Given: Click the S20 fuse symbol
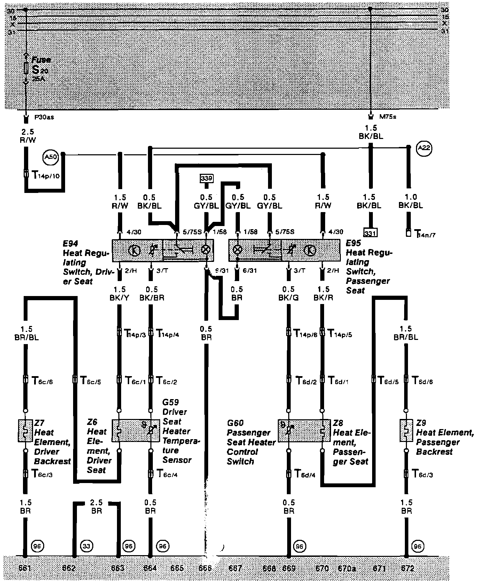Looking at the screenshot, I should [25, 68].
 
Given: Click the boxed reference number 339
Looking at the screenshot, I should [206, 179].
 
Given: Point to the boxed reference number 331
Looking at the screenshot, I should [370, 232].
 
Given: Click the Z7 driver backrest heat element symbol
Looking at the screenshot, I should [25, 431].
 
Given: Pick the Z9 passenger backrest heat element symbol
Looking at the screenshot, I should [406, 431].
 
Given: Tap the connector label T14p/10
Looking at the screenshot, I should [46, 175].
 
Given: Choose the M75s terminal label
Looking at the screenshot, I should [387, 117].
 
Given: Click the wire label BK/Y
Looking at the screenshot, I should [119, 298].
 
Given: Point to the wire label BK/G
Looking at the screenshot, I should [288, 298].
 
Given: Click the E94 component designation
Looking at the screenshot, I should [70, 244].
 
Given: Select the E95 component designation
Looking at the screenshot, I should [353, 243].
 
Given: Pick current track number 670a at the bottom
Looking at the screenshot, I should [347, 569].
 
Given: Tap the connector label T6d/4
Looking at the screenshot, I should [305, 474].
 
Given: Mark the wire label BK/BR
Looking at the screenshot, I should [152, 298].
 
